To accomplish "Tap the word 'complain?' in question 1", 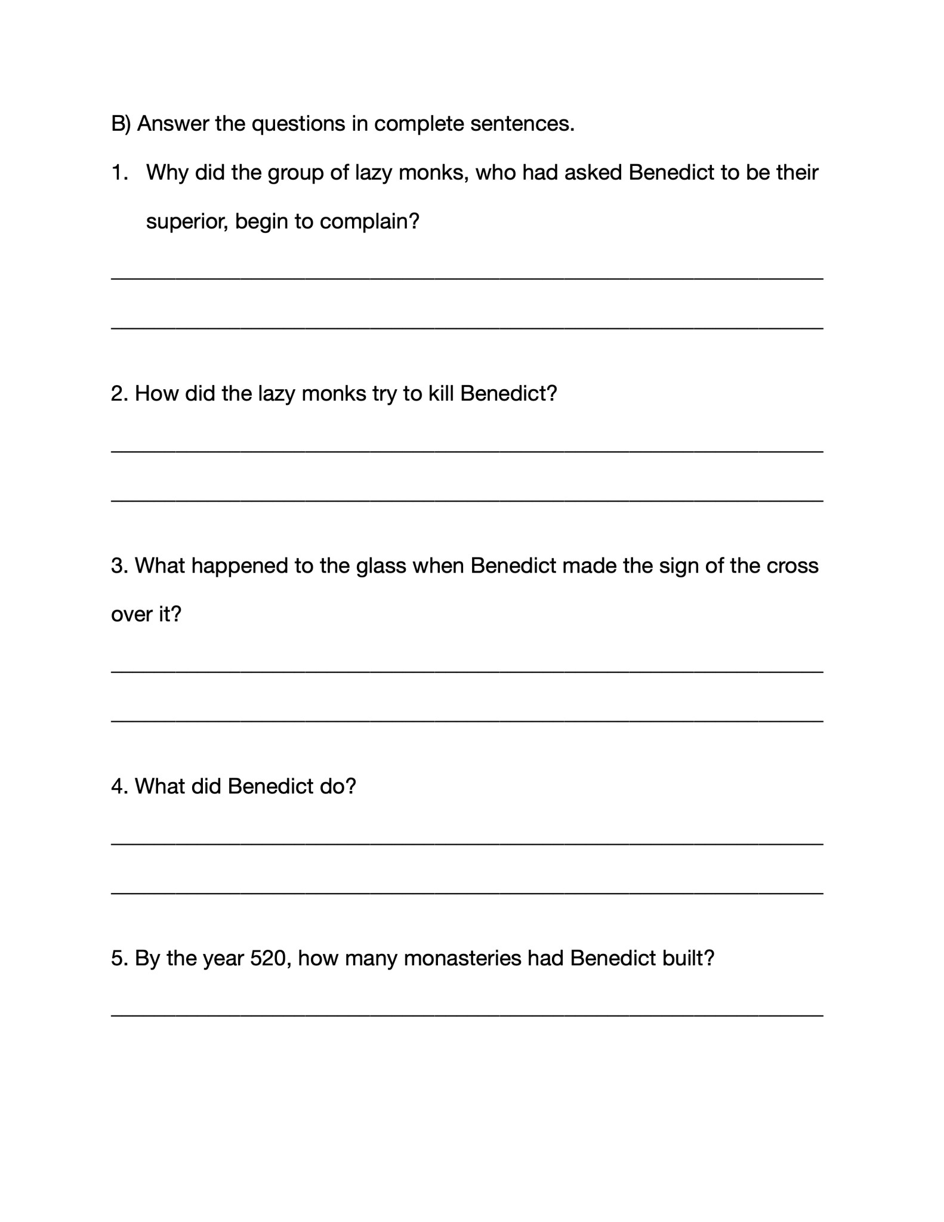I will pyautogui.click(x=370, y=222).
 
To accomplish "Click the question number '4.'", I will pyautogui.click(x=119, y=787).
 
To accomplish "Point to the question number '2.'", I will pyautogui.click(x=119, y=394).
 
